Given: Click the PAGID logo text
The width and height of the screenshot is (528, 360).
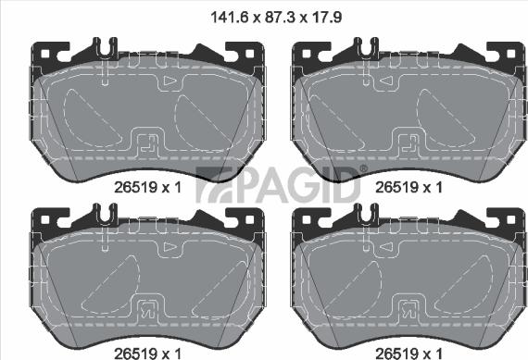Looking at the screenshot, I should click(x=283, y=185).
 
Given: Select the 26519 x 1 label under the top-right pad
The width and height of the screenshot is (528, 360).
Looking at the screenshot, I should click(x=407, y=186).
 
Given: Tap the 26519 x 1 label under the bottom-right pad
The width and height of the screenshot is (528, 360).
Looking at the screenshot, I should click(x=407, y=352).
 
